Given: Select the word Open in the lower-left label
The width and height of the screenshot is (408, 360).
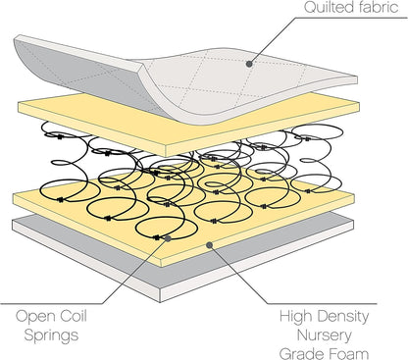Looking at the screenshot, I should (34, 318).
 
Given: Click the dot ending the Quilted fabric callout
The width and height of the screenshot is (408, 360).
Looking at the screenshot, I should (249, 64).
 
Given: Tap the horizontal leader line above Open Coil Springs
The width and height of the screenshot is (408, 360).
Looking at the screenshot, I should (39, 301).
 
